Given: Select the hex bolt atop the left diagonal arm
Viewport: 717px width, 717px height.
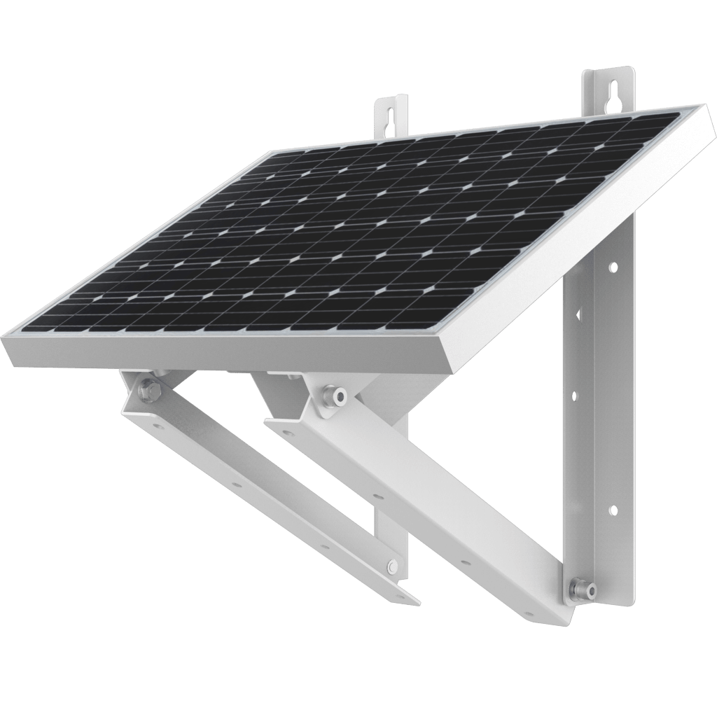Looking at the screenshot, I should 148,389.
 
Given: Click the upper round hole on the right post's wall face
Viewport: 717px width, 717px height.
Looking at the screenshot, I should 613,267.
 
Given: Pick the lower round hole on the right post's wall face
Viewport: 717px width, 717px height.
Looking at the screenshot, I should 614,509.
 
